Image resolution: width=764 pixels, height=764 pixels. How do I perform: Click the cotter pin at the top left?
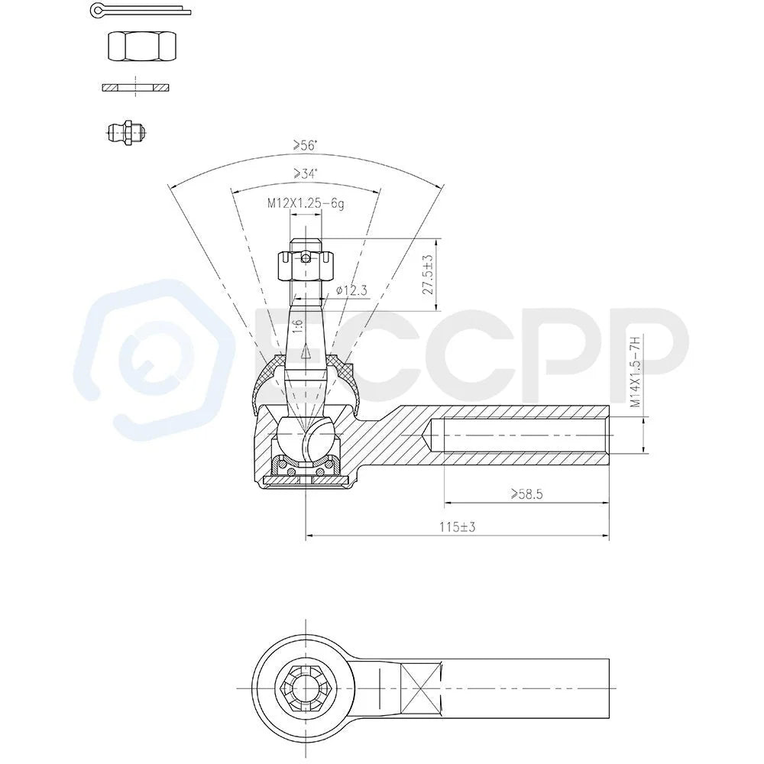(x=141, y=10)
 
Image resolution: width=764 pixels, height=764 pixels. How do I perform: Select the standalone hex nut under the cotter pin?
(x=141, y=47)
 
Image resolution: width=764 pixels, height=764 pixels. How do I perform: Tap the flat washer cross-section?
(x=135, y=87)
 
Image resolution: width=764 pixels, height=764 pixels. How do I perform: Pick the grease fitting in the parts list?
(x=127, y=132)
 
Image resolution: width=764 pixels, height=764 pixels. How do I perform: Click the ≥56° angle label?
(x=305, y=144)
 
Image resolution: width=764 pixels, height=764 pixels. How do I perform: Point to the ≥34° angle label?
(x=305, y=173)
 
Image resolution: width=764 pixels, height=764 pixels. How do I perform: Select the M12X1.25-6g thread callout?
(x=306, y=203)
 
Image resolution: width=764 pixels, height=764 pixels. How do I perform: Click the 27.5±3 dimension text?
(x=428, y=274)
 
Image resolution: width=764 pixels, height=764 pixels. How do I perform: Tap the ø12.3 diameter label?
(x=351, y=291)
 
